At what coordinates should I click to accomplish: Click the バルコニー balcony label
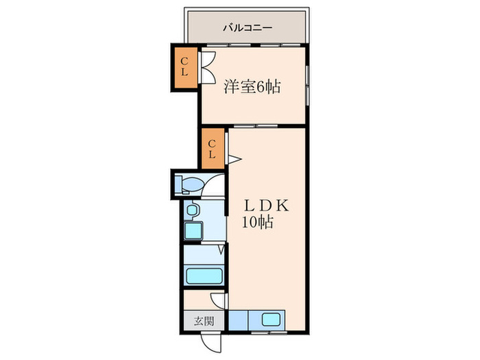(x=248, y=28)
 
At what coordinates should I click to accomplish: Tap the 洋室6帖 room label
(x=252, y=86)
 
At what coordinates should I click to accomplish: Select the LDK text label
(x=266, y=206)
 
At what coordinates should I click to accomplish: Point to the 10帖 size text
(x=258, y=221)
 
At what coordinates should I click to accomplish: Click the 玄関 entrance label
(x=204, y=322)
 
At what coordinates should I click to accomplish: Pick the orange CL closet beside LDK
(x=213, y=149)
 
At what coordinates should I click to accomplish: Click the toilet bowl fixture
(x=189, y=184)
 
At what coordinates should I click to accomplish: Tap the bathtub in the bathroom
(x=204, y=276)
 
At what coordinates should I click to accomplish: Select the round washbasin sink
(x=192, y=210)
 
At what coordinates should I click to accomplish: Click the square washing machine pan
(x=193, y=230)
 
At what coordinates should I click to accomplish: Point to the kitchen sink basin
(x=271, y=320)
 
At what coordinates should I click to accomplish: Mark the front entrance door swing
(x=211, y=343)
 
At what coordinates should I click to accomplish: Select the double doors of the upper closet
(x=207, y=67)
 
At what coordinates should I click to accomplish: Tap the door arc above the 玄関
(x=218, y=300)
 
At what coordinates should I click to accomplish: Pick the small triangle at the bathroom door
(x=221, y=249)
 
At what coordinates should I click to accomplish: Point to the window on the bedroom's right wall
(x=307, y=85)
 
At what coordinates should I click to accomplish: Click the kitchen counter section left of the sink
(x=238, y=320)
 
